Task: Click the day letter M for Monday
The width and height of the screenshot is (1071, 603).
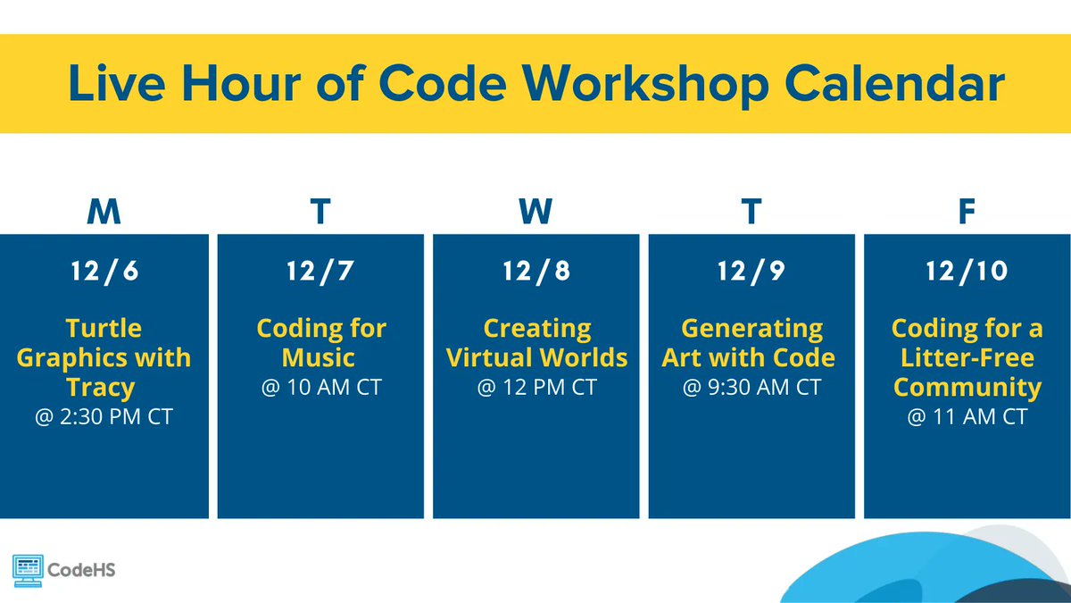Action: (x=104, y=213)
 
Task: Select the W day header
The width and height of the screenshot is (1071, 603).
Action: (x=535, y=213)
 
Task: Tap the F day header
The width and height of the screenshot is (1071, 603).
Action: (x=967, y=213)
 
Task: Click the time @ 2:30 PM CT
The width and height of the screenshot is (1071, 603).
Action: (x=104, y=416)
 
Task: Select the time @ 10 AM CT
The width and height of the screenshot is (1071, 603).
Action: (x=320, y=389)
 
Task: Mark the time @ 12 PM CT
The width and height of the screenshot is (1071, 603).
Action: (x=535, y=389)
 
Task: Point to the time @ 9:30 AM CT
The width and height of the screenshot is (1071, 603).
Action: (x=751, y=389)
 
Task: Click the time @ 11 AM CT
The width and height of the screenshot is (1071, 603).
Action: (x=967, y=416)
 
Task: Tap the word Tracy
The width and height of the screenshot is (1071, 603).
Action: (x=100, y=388)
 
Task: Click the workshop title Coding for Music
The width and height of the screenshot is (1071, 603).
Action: (x=320, y=343)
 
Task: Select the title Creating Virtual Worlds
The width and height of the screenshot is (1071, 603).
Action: (x=535, y=343)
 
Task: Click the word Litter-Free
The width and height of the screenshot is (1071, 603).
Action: (x=967, y=358)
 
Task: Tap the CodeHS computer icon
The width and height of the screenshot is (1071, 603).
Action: (x=29, y=569)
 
